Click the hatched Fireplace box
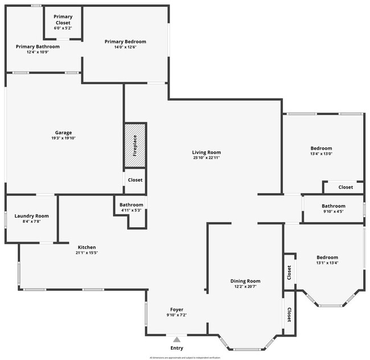[x=135, y=145]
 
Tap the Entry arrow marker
[x=177, y=338]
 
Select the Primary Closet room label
[x=63, y=19]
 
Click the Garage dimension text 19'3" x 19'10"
[x=63, y=138]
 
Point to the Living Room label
[x=206, y=152]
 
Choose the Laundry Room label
[x=31, y=216]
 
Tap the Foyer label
[x=176, y=309]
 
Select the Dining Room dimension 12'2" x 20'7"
[x=245, y=287]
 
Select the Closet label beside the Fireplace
[x=135, y=180]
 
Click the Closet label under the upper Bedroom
[x=346, y=187]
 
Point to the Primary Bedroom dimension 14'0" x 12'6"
[x=125, y=47]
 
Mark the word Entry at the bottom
[x=177, y=348]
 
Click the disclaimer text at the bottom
[x=184, y=358]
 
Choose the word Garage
[x=63, y=132]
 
